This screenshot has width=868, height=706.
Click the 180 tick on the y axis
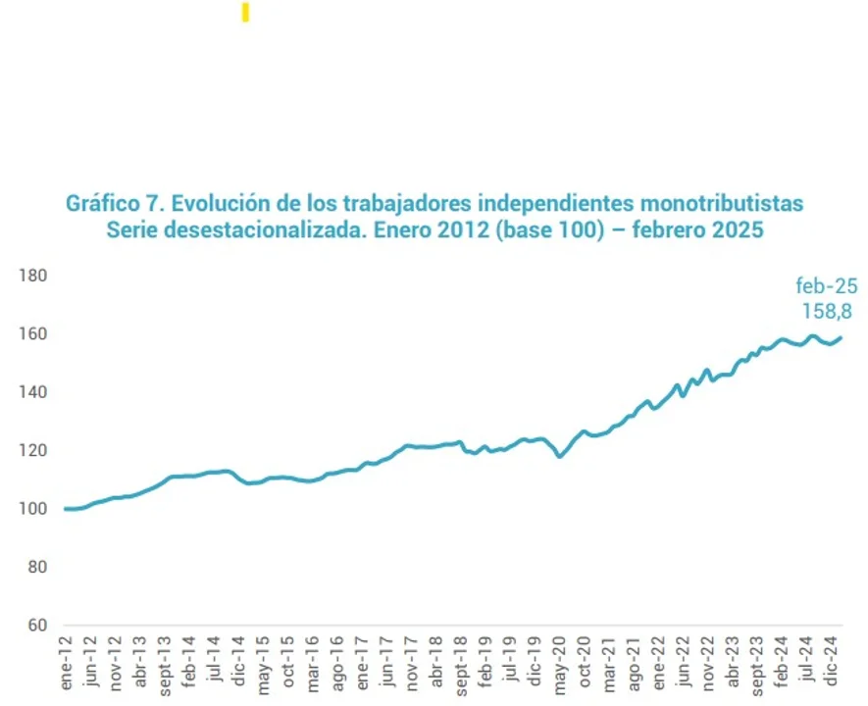[33, 276]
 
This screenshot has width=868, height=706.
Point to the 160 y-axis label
[33, 334]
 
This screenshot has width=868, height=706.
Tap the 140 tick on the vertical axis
[33, 392]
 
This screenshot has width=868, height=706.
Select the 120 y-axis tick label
[33, 451]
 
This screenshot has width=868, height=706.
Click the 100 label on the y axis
[33, 509]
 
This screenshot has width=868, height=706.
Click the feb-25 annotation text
[826, 287]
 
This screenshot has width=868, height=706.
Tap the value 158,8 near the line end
[826, 312]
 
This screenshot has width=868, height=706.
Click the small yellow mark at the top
[245, 13]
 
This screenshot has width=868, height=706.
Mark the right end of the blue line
[842, 338]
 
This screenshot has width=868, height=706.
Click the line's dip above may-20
[560, 456]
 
